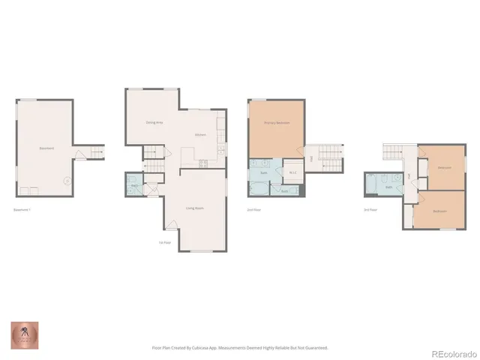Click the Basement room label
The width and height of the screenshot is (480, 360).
(46, 148)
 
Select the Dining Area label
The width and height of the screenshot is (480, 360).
(154, 122)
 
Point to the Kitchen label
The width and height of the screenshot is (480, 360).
(200, 135)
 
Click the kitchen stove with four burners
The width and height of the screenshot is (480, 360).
(202, 164)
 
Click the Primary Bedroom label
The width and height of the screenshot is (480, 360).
(276, 122)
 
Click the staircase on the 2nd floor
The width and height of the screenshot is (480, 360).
(330, 156)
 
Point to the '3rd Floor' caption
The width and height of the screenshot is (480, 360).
(370, 210)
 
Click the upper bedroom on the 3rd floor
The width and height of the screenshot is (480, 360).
(442, 166)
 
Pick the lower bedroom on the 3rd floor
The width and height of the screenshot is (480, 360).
(440, 210)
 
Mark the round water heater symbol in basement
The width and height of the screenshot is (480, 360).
(67, 180)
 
